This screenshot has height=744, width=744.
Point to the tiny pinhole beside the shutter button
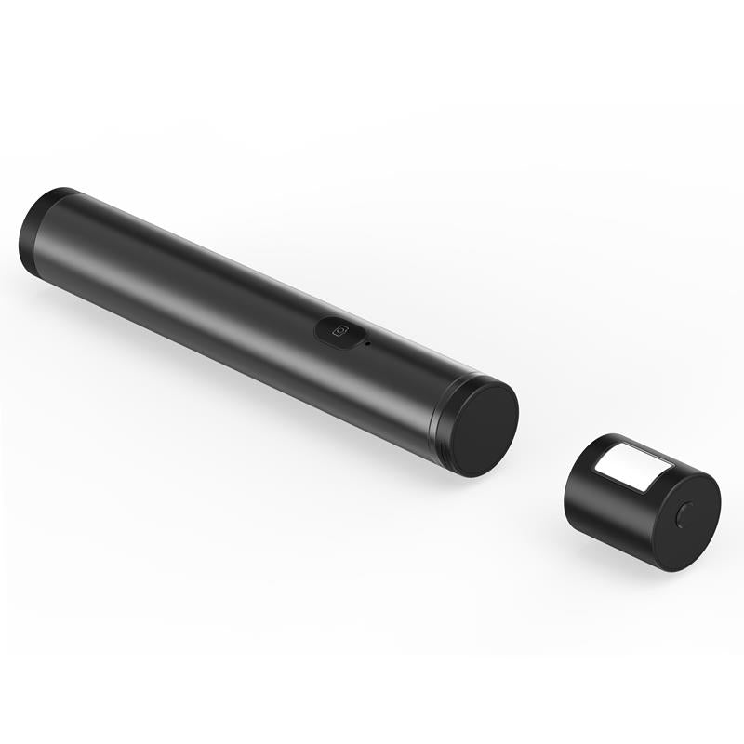(x=369, y=344)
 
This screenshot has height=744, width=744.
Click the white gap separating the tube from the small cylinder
(x=539, y=456)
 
